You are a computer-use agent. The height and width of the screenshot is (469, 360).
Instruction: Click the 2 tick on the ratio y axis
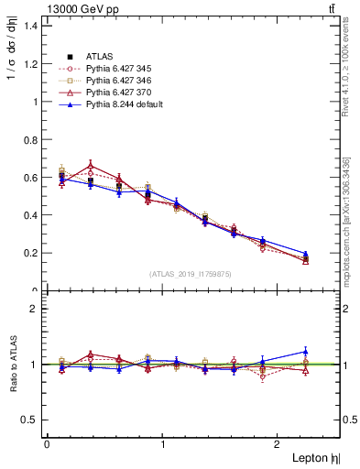[x=33, y=309]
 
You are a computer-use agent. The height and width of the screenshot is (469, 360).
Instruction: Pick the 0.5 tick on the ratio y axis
[x=28, y=420]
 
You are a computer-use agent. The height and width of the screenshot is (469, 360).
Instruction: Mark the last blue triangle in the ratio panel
[x=306, y=352]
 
